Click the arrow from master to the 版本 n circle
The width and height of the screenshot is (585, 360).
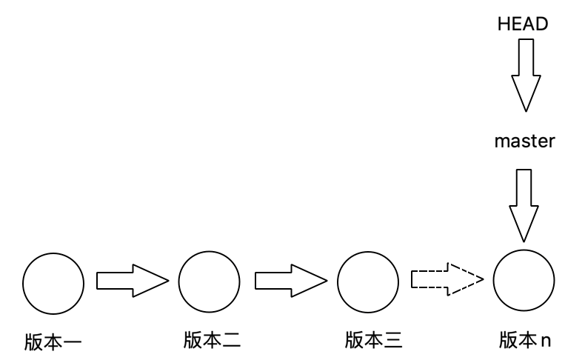(524, 204)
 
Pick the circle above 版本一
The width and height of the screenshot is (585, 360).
(53, 281)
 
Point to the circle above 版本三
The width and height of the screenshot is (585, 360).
(367, 281)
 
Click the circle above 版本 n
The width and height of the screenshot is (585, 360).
(524, 281)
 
